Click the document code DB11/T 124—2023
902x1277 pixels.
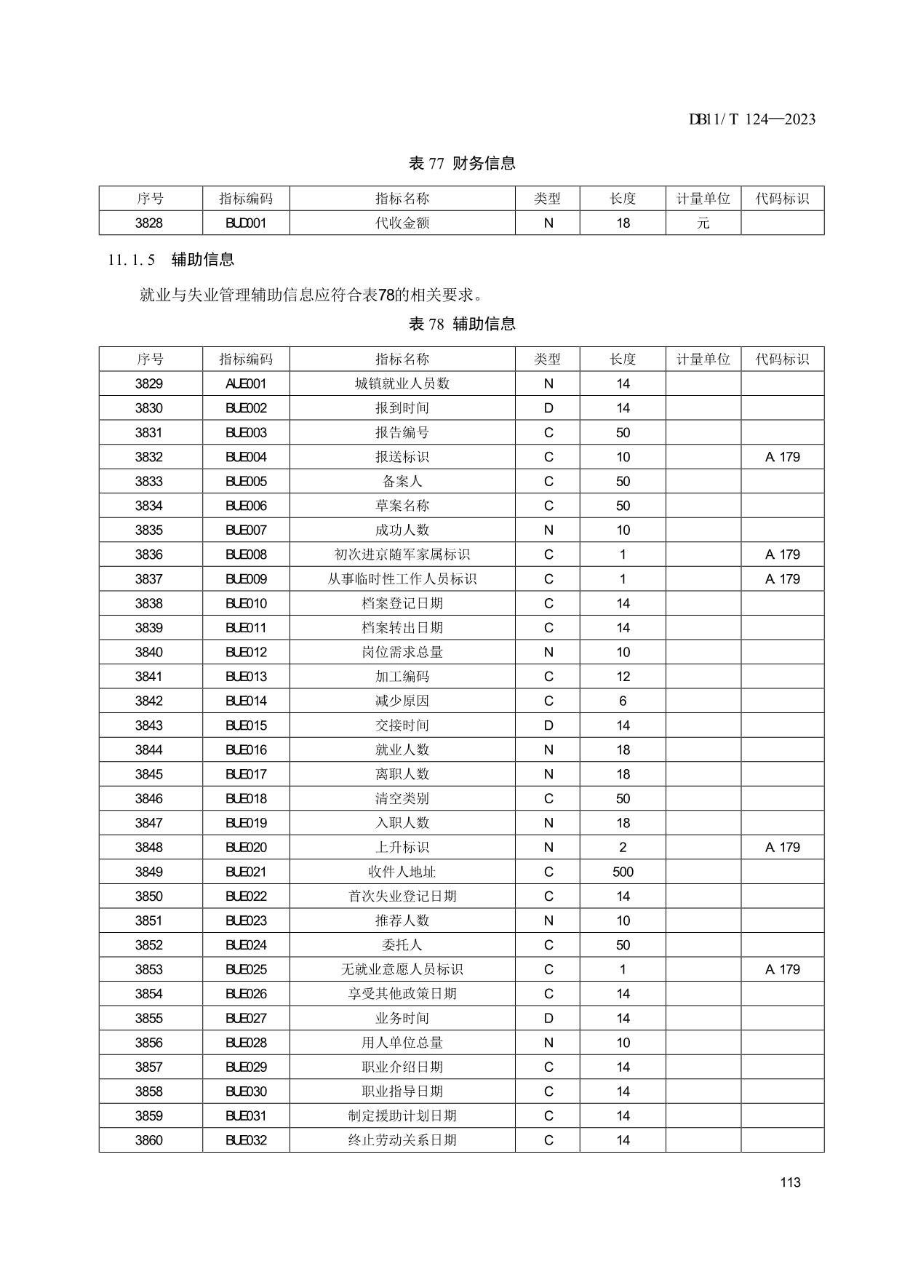pyautogui.click(x=751, y=119)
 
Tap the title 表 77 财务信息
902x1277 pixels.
pyautogui.click(x=462, y=164)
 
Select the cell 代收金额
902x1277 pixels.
pyautogui.click(x=402, y=223)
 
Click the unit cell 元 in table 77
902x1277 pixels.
pyautogui.click(x=703, y=223)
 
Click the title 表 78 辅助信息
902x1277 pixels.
pyautogui.click(x=462, y=325)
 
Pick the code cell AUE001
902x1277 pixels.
pyautogui.click(x=246, y=384)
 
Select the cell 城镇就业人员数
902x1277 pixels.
pyautogui.click(x=402, y=384)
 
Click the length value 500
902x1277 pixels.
pyautogui.click(x=623, y=872)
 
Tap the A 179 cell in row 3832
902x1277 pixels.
pyautogui.click(x=782, y=458)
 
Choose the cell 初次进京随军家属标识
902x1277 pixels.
pyautogui.click(x=402, y=555)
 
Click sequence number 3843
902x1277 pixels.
pyautogui.click(x=149, y=725)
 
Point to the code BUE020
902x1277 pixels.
pyautogui.click(x=246, y=848)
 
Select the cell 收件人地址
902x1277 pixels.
pyautogui.click(x=402, y=872)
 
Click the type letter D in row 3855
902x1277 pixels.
pyautogui.click(x=548, y=1019)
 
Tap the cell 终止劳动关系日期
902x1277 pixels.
pyautogui.click(x=402, y=1140)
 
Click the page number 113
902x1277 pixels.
pyautogui.click(x=790, y=1182)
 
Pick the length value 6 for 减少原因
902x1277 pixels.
pyautogui.click(x=623, y=701)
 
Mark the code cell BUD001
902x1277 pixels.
pyautogui.click(x=246, y=223)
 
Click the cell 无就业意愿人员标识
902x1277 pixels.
pyautogui.click(x=402, y=970)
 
